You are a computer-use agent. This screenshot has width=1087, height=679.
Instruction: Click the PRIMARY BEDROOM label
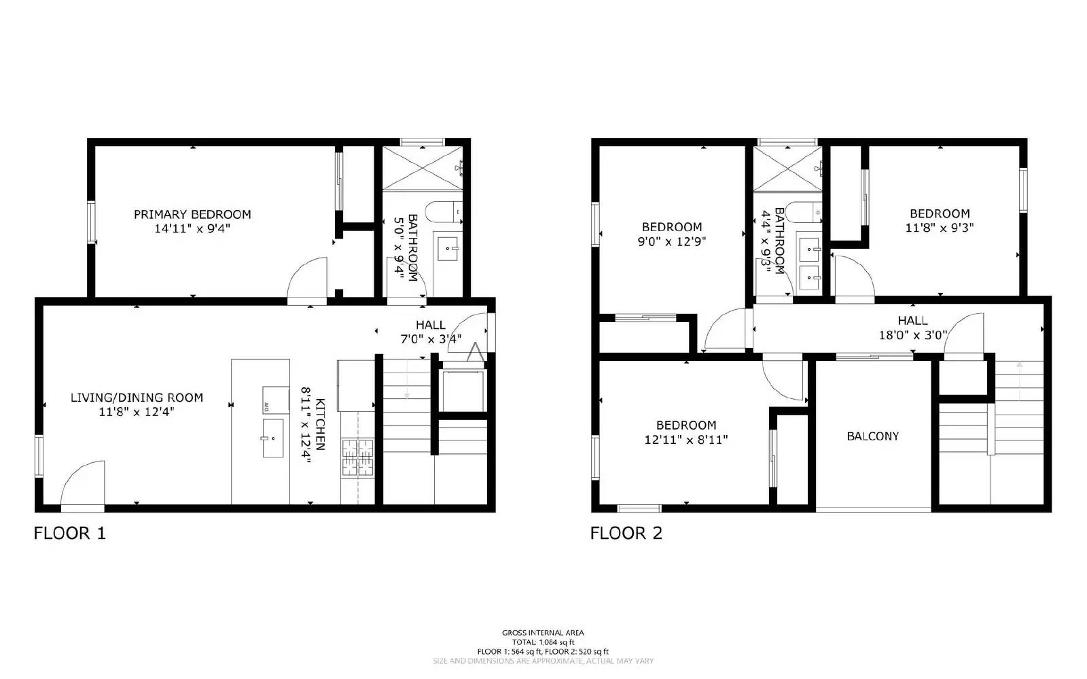click(x=192, y=214)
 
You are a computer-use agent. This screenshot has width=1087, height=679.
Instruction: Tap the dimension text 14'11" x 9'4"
click(x=192, y=229)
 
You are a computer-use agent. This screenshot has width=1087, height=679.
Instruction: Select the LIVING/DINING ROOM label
click(x=137, y=398)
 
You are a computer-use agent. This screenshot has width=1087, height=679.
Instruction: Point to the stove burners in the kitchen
click(x=357, y=457)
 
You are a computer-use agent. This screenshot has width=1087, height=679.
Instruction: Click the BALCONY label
click(x=872, y=436)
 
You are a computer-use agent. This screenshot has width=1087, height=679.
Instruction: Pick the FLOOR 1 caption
click(x=70, y=533)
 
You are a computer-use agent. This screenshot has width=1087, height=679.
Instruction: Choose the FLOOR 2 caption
click(x=626, y=533)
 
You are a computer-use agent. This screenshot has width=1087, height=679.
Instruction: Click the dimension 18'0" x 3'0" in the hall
click(x=912, y=334)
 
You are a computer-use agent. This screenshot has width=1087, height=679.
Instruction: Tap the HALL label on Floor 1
click(x=431, y=325)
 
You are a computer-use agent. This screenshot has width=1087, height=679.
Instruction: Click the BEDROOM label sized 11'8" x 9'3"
click(x=940, y=213)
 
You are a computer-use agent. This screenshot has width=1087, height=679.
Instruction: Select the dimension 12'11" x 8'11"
click(x=685, y=440)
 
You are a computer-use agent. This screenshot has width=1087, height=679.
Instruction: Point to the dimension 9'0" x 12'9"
click(x=671, y=241)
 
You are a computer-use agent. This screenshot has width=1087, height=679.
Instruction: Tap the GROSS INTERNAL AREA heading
click(x=543, y=633)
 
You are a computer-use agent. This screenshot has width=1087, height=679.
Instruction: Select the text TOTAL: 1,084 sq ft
click(x=543, y=642)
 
